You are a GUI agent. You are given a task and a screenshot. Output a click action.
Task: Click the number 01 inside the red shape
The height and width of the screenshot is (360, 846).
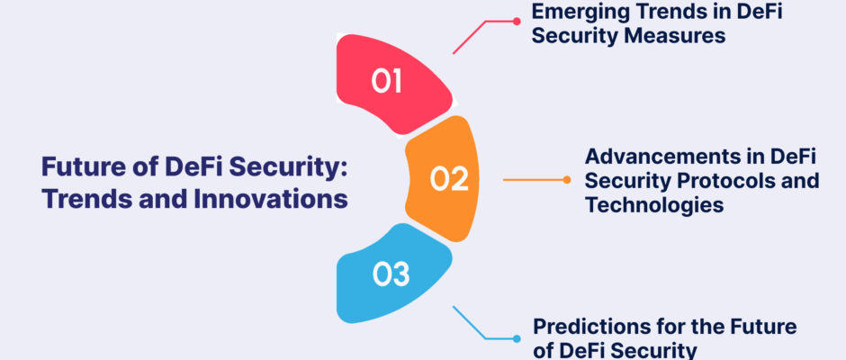click(x=386, y=82)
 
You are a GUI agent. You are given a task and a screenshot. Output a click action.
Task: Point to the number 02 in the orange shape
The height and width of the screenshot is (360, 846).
click(x=449, y=179)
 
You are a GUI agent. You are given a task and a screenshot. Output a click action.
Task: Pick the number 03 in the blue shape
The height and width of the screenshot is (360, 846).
click(x=391, y=274)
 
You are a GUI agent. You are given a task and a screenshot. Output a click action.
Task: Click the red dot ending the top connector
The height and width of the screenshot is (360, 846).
click(x=517, y=22)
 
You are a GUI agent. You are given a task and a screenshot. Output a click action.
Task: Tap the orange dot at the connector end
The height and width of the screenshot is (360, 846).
click(x=566, y=180)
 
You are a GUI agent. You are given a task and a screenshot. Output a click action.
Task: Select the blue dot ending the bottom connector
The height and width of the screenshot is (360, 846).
click(x=517, y=339)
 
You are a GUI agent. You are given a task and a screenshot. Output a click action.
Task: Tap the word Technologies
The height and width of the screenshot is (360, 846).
click(x=654, y=205)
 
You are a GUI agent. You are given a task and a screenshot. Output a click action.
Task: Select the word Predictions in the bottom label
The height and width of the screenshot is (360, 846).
click(x=590, y=327)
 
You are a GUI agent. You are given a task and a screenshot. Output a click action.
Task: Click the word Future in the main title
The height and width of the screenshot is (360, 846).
click(x=72, y=166)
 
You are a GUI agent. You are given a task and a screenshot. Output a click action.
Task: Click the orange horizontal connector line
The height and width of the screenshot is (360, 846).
click(x=533, y=180)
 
